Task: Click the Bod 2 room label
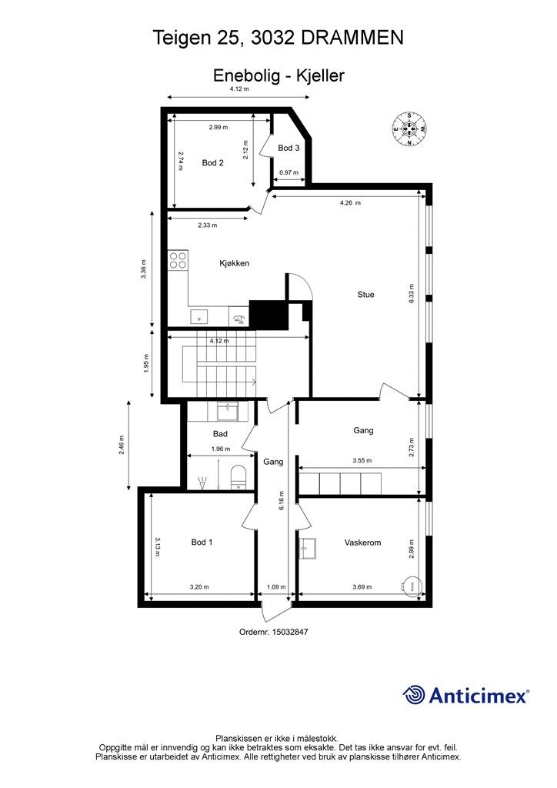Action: coord(212,163)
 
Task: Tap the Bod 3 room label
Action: coord(289,148)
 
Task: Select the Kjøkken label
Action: coord(235,263)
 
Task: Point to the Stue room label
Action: coord(365,295)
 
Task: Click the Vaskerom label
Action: coord(362,543)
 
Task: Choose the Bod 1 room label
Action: coord(202,543)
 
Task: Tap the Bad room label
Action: coord(220,434)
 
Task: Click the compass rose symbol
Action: coord(409,129)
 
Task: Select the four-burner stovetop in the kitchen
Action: coord(178,260)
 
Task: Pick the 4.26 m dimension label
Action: coord(350,203)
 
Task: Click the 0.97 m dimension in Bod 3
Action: coord(289,172)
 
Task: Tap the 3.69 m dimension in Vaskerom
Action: coord(362,586)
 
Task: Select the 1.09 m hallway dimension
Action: coord(275,586)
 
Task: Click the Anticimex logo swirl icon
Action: coord(414,695)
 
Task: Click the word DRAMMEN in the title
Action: coord(352,38)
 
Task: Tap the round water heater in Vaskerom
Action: coord(412,586)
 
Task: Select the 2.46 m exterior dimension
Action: coord(121,446)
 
